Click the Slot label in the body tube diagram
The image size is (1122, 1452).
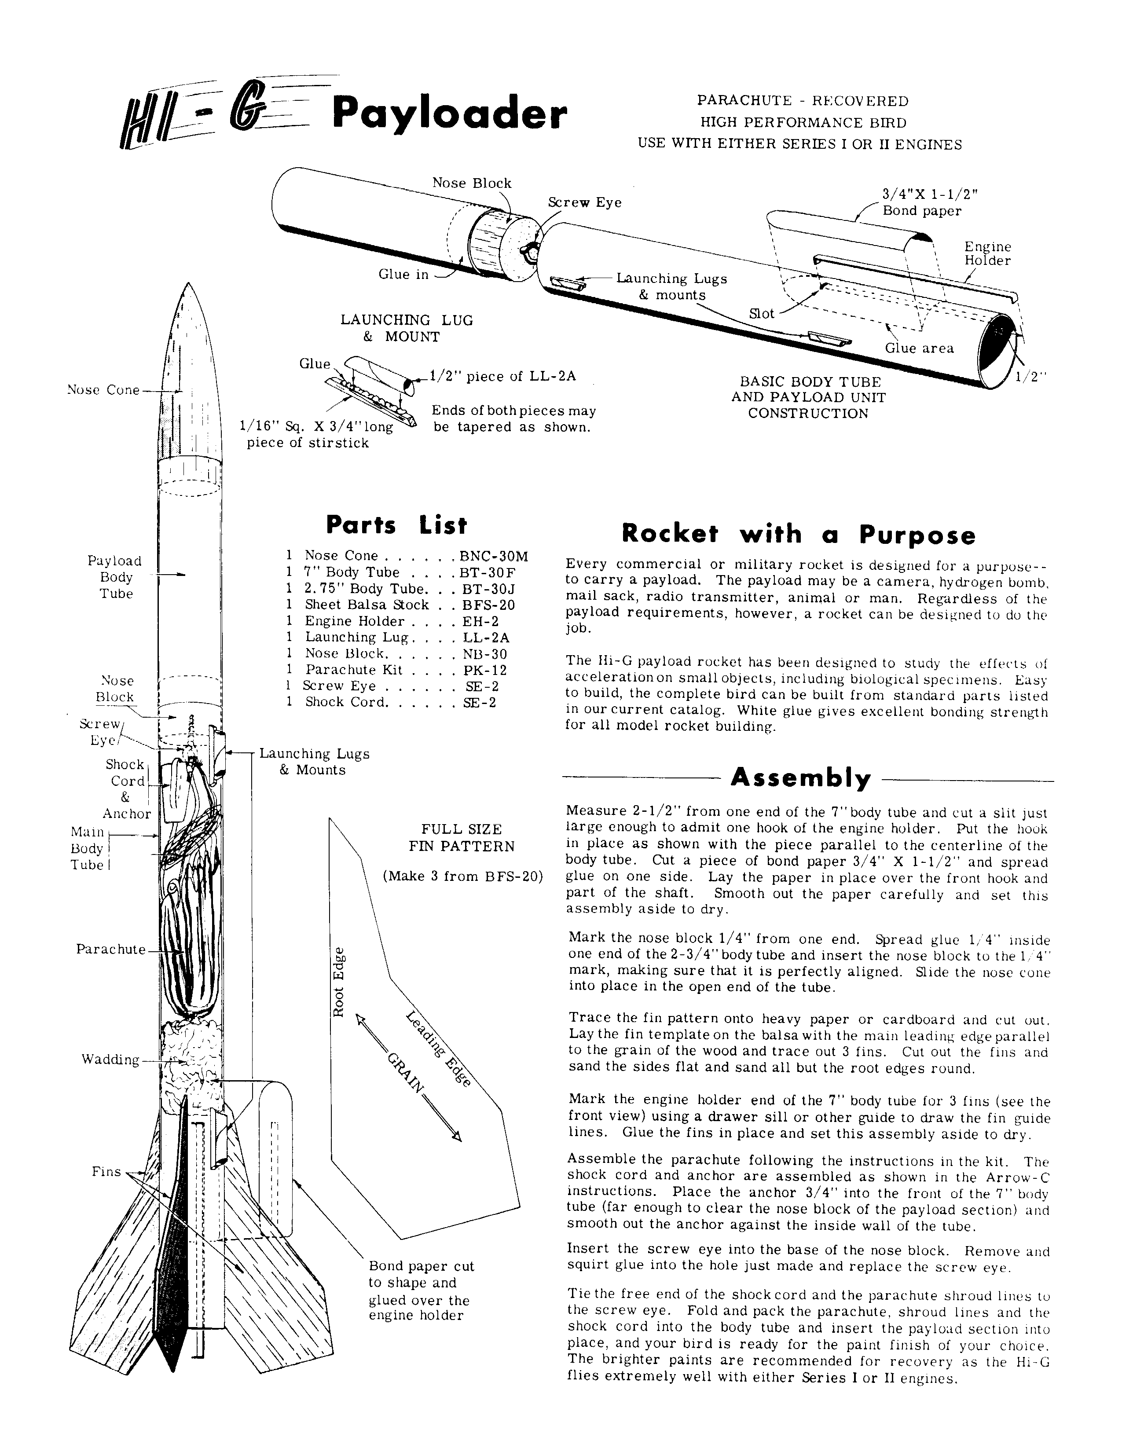[x=761, y=313]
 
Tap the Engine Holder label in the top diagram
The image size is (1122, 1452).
[x=987, y=253]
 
